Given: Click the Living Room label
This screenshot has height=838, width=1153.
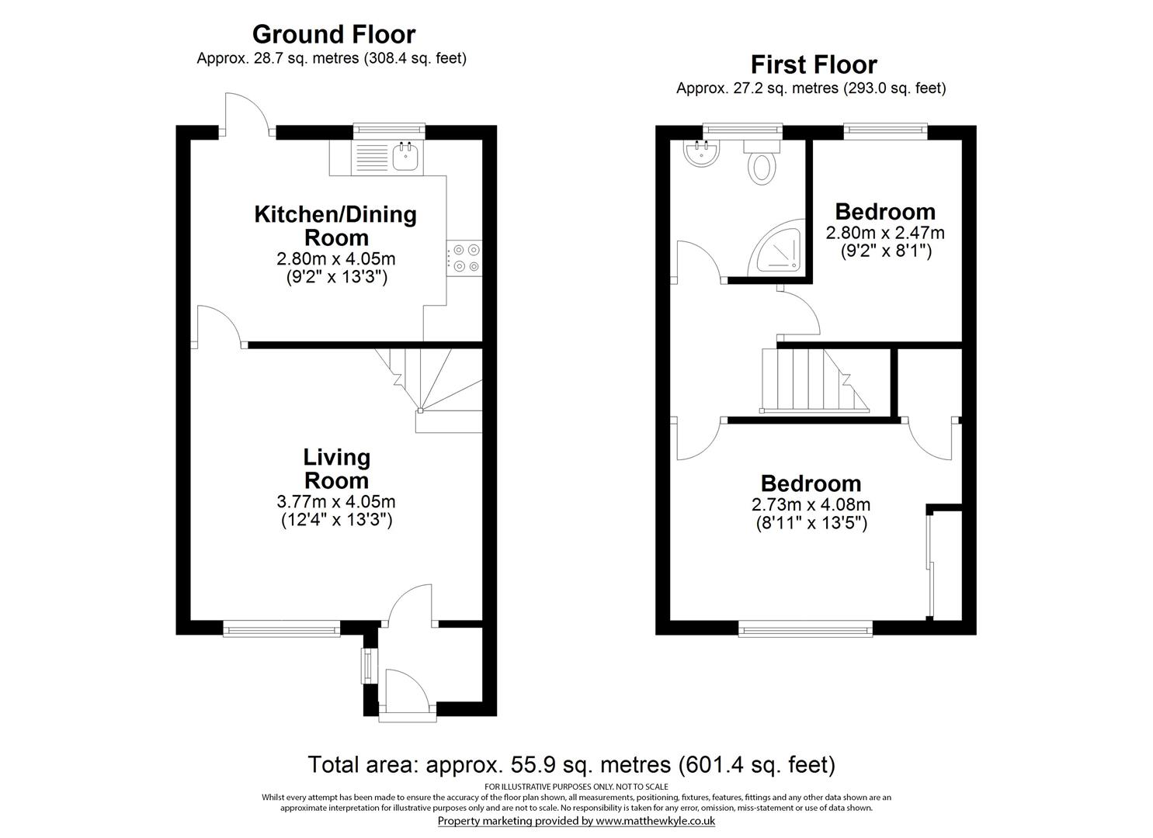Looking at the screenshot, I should pos(336,469).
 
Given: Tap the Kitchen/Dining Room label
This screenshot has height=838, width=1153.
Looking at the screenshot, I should pos(335,226).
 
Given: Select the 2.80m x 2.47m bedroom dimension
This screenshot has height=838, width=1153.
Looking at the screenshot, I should pos(885,232).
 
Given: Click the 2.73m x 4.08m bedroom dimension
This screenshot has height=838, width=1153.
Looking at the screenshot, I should pos(811,504).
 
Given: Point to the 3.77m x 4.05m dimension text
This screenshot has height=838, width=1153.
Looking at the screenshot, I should pos(336,502).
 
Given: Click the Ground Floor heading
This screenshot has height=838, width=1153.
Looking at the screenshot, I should pos(334,34).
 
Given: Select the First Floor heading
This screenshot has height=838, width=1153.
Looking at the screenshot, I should pos(813,64).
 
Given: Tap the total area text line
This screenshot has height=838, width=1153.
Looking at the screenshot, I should pos(571,765).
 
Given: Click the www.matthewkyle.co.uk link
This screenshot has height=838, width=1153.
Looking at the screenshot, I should pos(655,820).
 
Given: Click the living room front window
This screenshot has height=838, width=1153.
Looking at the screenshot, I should pos(281,628).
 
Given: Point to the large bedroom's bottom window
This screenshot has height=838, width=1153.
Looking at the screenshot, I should pos(805,628).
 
